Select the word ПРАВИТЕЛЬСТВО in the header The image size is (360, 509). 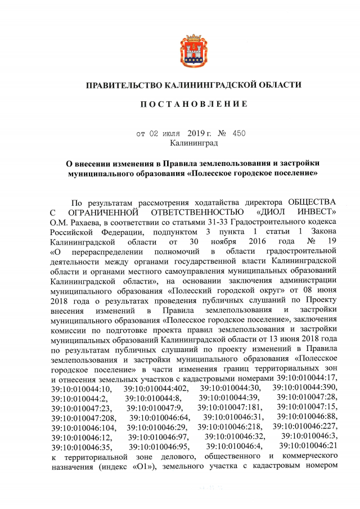(123, 85)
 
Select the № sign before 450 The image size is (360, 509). (221, 134)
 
